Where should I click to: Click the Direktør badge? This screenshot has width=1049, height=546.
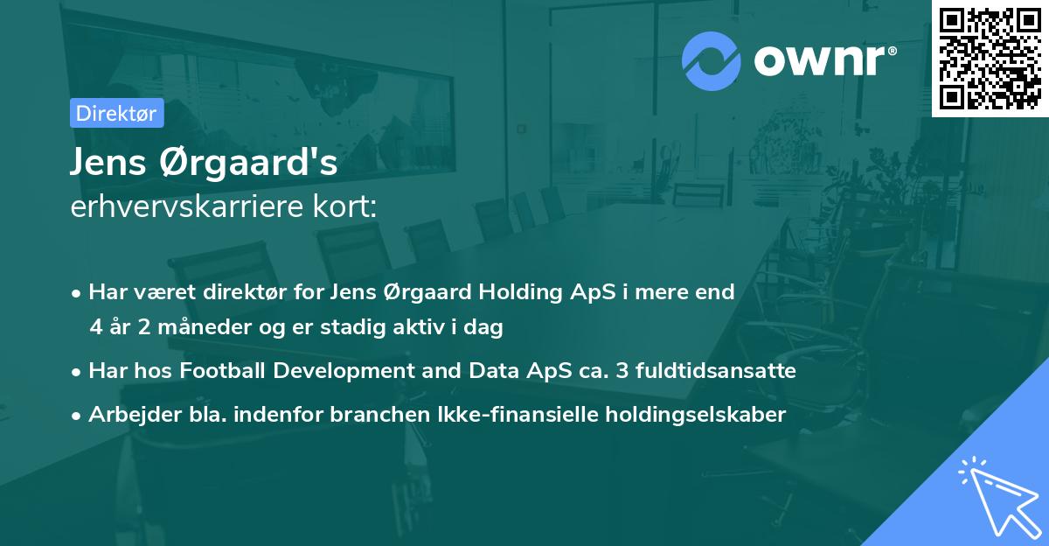(x=116, y=113)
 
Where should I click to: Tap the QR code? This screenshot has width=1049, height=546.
(x=990, y=59)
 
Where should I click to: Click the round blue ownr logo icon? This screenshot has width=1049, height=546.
(x=712, y=60)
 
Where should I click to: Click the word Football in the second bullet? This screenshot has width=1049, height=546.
(x=225, y=371)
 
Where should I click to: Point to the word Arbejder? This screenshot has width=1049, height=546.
(x=127, y=414)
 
